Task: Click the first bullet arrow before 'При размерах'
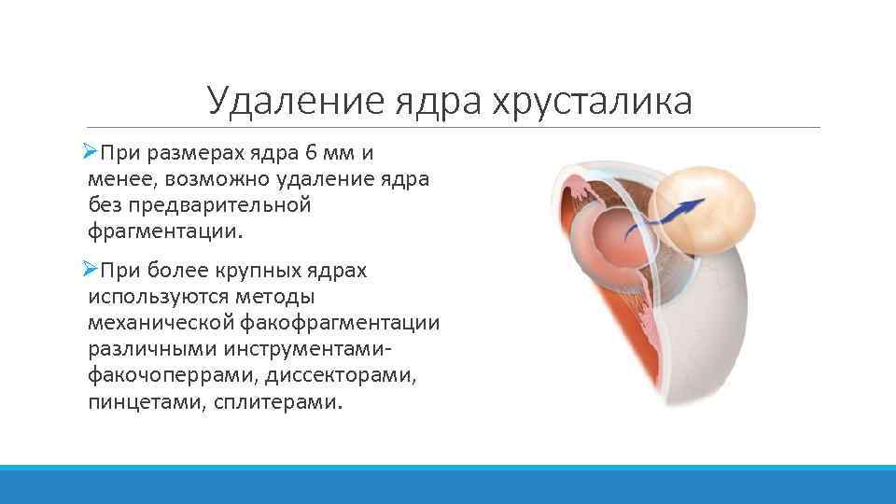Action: pos(90,151)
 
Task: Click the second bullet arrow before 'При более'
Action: pos(90,270)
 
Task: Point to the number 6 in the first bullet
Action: pos(318,152)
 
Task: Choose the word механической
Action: pos(159,323)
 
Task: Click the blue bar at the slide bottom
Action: pos(448,484)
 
